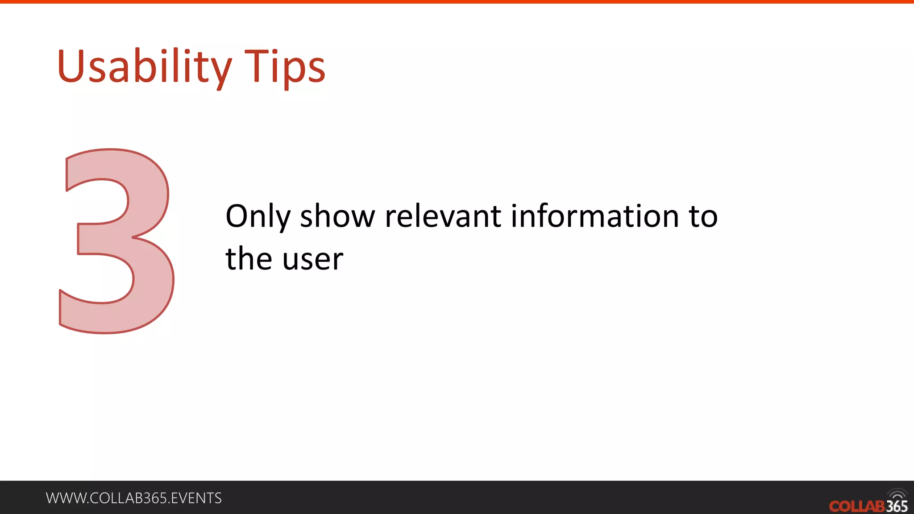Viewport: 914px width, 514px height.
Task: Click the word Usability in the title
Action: [144, 67]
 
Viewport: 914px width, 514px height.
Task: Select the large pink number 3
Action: [117, 241]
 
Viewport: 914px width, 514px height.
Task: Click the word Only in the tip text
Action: [258, 217]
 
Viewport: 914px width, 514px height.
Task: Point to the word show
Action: [337, 217]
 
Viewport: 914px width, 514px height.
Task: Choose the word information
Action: [594, 217]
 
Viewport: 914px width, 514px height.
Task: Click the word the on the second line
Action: [249, 259]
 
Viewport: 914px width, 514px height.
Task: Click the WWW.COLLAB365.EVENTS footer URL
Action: [133, 498]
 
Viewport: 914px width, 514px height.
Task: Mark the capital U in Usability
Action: [71, 67]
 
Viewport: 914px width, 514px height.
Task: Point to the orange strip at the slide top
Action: [457, 2]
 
